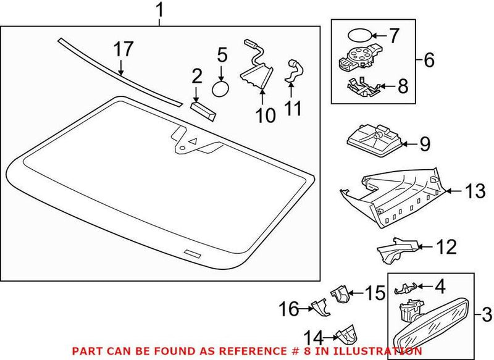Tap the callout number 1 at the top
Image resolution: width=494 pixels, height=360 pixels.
point(160,10)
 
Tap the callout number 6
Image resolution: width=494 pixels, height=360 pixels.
point(429,60)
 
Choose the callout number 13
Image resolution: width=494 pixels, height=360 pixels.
point(475,192)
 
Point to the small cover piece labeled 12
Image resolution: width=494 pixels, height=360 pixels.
point(395,249)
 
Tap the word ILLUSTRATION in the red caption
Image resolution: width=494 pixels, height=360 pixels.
point(382,351)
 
